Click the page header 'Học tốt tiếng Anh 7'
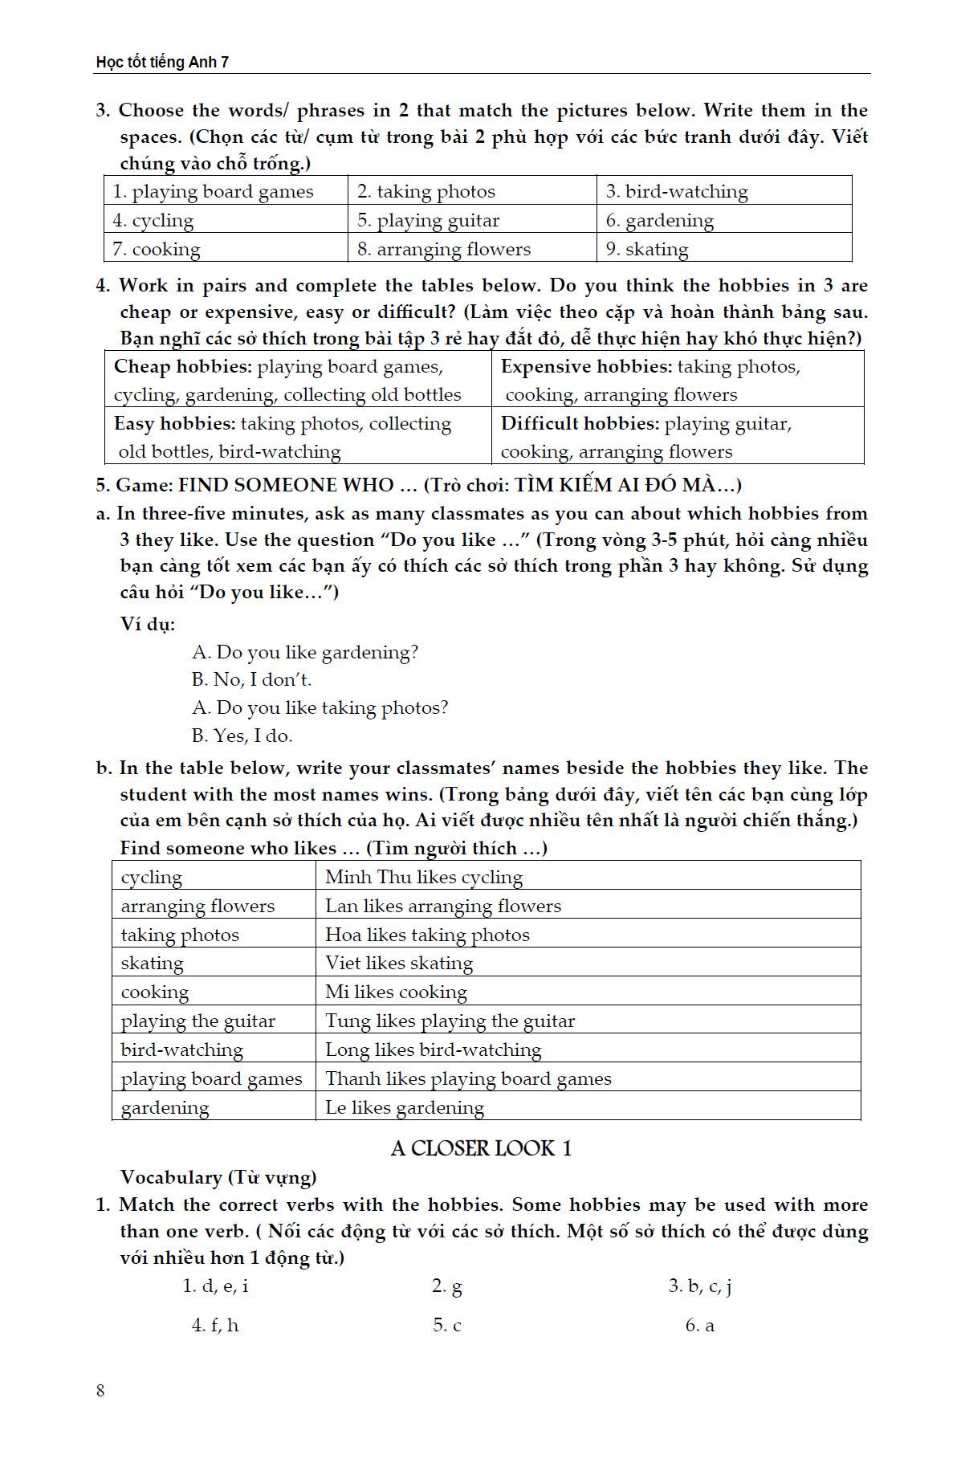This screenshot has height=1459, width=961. [162, 62]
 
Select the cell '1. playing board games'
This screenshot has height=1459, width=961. [213, 192]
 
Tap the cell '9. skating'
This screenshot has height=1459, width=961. [647, 249]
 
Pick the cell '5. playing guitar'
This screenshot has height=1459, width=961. [428, 221]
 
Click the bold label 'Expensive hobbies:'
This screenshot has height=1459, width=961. [586, 367]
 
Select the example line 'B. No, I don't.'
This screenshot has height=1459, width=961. [251, 680]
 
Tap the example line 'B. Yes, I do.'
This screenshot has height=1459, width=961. [242, 736]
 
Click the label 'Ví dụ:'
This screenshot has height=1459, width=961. [148, 624]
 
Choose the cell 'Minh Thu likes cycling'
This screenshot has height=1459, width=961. [424, 877]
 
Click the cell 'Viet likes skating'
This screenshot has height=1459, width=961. [399, 963]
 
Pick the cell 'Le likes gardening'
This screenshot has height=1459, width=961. [405, 1108]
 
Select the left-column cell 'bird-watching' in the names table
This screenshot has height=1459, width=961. [181, 1050]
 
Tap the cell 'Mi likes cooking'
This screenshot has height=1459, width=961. [396, 992]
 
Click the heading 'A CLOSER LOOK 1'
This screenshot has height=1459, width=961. [481, 1148]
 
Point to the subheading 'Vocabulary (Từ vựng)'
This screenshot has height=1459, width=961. [218, 1177]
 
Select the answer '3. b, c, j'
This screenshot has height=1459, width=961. [700, 1286]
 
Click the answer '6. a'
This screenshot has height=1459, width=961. [699, 1326]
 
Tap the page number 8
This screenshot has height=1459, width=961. [100, 1391]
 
